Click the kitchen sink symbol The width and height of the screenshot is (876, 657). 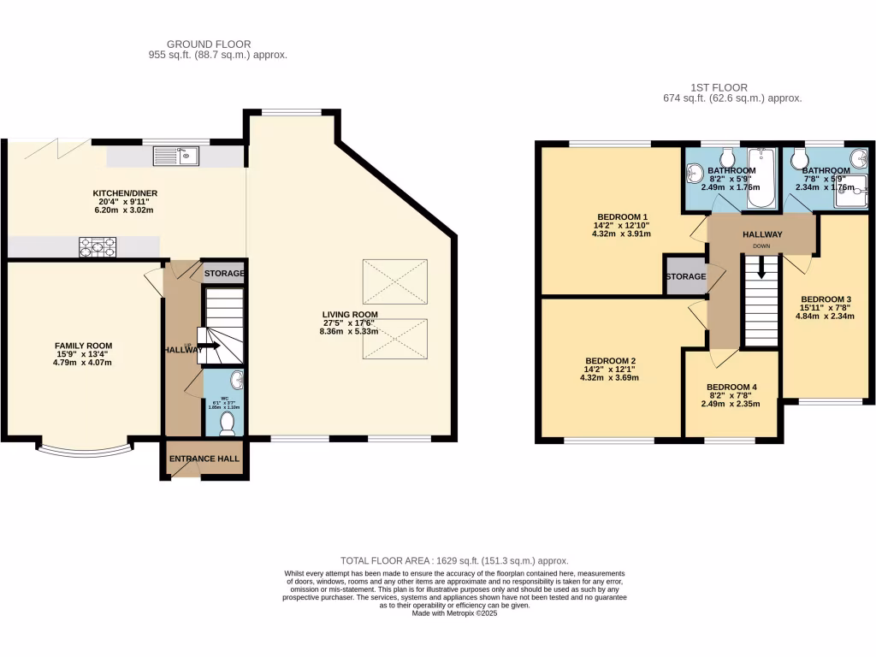point(176,156)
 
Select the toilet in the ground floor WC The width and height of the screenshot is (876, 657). point(228,423)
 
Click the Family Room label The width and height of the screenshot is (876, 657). point(85,346)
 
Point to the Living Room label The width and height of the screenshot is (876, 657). point(349,314)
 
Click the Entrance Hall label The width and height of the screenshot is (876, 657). point(204,459)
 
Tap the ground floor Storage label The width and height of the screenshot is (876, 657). point(224,274)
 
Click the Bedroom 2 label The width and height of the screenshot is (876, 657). point(609,360)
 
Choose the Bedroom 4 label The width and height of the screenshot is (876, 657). point(731,387)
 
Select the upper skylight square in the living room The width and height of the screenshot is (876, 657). point(394,281)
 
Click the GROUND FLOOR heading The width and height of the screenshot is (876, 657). point(209,44)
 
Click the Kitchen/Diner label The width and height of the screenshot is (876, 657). point(126,193)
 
